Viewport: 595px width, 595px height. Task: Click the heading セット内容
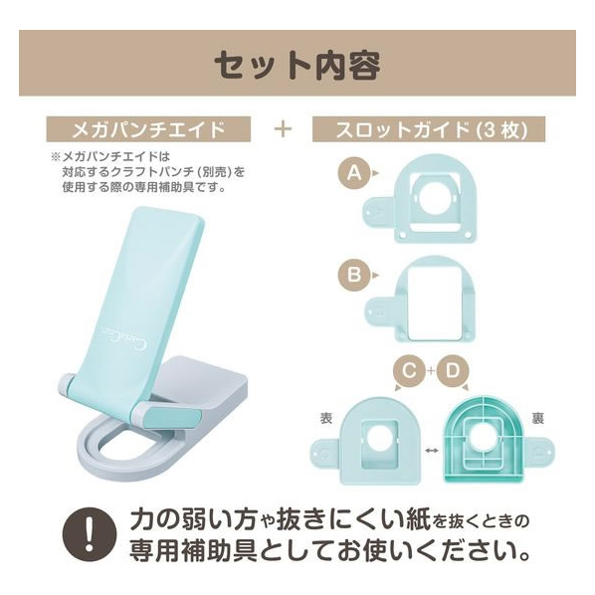click(297, 66)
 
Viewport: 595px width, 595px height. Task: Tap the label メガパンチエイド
click(148, 129)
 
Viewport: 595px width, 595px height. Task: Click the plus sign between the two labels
click(284, 129)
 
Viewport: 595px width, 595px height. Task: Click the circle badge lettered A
click(354, 173)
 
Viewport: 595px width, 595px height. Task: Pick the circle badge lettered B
click(354, 275)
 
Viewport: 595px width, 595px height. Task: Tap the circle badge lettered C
click(409, 371)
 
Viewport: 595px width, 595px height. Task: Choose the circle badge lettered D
click(453, 371)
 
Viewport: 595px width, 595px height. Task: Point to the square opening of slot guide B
click(435, 301)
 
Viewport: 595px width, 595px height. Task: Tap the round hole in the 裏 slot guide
click(483, 438)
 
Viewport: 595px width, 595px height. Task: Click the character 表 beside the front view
click(326, 418)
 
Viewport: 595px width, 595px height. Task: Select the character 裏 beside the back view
click(537, 418)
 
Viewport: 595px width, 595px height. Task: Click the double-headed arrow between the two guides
click(432, 451)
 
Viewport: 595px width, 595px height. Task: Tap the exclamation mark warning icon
click(90, 534)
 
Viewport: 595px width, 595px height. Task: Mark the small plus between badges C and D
click(431, 370)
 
